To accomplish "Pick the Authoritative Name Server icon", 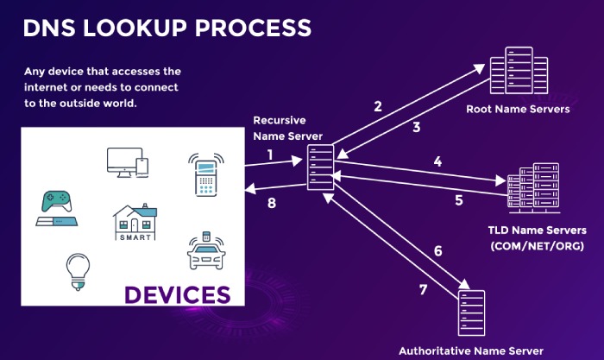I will pos(470,313).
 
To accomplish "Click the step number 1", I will pos(270,155).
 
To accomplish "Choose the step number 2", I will pos(377,107).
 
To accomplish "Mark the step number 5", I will pos(459,200).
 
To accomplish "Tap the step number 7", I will pos(424,289).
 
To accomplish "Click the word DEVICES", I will pos(178,294).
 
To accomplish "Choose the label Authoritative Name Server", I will pos(471,351).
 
